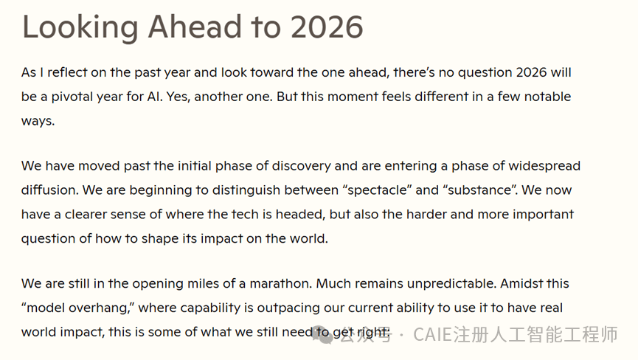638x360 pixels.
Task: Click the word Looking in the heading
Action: (x=80, y=27)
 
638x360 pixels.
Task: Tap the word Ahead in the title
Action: (x=195, y=27)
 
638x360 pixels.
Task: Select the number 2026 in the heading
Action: (x=327, y=27)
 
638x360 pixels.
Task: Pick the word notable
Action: (x=547, y=97)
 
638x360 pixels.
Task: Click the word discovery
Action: (x=301, y=166)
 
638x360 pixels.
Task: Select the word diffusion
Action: (x=49, y=190)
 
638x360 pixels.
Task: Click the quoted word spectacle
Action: (x=377, y=190)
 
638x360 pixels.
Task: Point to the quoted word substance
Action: (x=479, y=190)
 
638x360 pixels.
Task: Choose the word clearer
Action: (x=86, y=215)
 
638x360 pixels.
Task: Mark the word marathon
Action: (x=281, y=283)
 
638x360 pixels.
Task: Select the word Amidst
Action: (x=519, y=283)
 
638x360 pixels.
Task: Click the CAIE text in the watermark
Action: (x=432, y=335)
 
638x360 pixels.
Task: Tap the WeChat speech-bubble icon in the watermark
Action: (x=323, y=335)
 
